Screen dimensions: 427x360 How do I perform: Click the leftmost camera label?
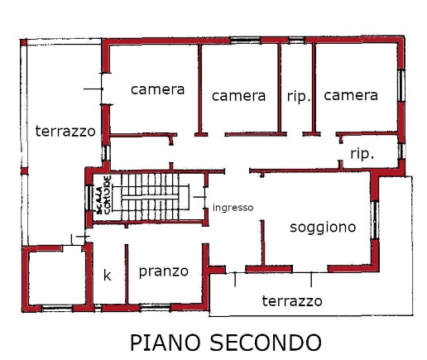coord(157,89)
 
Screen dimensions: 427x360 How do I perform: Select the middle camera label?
coord(238,96)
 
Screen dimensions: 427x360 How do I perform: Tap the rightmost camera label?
coord(351,95)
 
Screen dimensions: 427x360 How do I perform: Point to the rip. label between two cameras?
coord(299,97)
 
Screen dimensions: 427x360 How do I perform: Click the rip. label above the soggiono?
coord(362,154)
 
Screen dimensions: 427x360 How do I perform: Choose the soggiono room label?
coord(323,228)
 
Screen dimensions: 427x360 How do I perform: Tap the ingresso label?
coord(233,208)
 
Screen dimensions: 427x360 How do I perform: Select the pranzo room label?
coord(164,271)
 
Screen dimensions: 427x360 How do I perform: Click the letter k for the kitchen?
coord(108,275)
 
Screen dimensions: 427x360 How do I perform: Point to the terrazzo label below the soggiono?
coord(292,301)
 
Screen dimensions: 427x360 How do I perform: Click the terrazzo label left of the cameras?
coord(65,131)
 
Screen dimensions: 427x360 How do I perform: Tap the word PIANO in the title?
coord(165,343)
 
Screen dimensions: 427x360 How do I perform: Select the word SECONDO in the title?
coord(266,343)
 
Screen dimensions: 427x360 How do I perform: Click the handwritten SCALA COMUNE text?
coord(104,195)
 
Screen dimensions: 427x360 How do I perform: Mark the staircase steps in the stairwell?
coord(151,197)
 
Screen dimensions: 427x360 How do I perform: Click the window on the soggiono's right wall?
coord(375,220)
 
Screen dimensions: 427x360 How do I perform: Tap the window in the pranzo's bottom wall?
coord(156,307)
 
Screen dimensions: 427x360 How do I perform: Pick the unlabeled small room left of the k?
coord(57,278)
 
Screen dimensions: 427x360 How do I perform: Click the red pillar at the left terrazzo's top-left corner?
coord(23,43)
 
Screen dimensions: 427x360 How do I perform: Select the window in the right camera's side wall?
coord(401,85)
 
